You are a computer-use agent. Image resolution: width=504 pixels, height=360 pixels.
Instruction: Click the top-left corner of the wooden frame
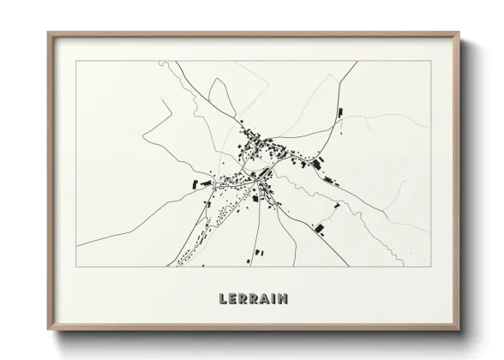(x=48, y=33)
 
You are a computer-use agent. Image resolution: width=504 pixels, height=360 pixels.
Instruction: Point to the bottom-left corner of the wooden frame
(x=48, y=328)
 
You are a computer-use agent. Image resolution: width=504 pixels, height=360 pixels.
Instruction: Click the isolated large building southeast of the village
(x=319, y=227)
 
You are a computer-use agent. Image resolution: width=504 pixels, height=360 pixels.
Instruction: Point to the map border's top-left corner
(x=77, y=61)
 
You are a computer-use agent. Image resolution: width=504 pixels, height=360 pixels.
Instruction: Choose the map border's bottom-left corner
(x=77, y=267)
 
